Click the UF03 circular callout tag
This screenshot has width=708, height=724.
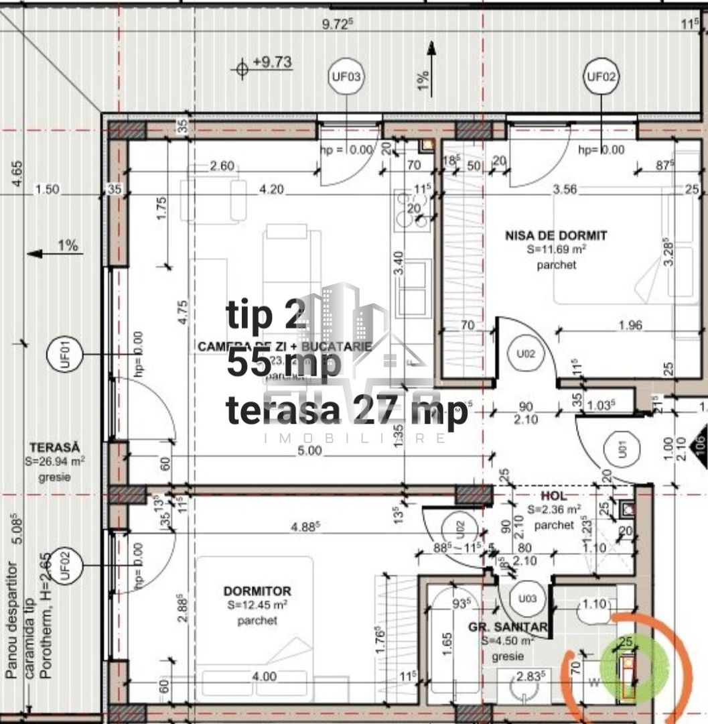point(346,76)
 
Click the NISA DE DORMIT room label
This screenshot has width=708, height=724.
point(556,235)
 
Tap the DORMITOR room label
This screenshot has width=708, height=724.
point(257,591)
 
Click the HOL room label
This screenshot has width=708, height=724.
point(554,495)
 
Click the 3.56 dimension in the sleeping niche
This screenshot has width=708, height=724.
point(565,189)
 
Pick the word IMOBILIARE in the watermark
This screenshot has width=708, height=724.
point(356,438)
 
